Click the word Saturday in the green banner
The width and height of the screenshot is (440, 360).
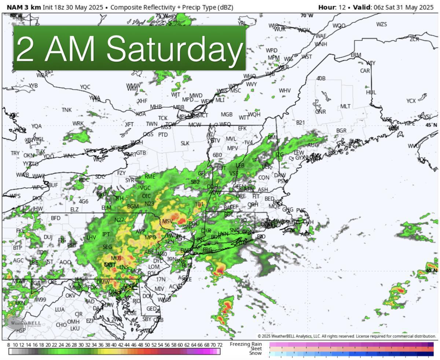point(175,49)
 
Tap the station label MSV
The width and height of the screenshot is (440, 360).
point(167,221)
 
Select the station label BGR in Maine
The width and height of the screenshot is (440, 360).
point(341,131)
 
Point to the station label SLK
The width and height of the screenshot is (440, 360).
point(185,143)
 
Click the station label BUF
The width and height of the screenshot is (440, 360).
point(53,185)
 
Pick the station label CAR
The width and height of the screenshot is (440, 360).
point(365,71)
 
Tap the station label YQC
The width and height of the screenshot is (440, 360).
point(85,87)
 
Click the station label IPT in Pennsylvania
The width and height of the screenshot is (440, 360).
point(106,234)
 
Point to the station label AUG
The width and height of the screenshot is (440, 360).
point(313,145)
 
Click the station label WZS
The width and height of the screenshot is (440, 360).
point(381,24)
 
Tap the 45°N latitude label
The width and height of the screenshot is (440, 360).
point(431,125)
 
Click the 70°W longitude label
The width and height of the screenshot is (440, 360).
point(307,15)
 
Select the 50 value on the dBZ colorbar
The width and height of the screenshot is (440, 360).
point(147,345)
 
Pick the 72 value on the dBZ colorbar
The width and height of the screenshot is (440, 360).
point(220,345)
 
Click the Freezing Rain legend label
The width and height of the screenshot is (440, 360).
point(246,344)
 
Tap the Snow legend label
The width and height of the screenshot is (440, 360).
point(255,353)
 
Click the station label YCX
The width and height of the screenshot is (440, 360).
point(411,101)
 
